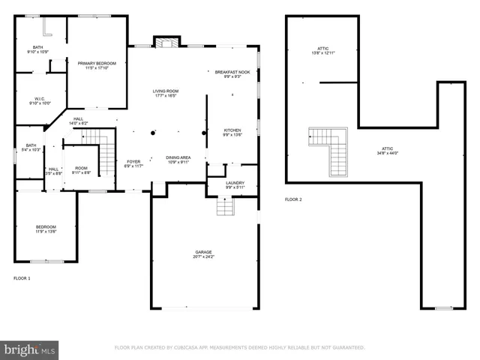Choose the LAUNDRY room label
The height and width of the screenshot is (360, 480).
235,184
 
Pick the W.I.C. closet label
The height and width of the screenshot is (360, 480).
40,100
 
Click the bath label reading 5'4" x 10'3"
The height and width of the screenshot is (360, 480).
31,148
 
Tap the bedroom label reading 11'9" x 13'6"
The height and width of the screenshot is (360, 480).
46,229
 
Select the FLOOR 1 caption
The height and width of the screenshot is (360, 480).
22,278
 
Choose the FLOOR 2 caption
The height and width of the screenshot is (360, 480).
293,199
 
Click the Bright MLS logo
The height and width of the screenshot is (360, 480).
29,349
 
